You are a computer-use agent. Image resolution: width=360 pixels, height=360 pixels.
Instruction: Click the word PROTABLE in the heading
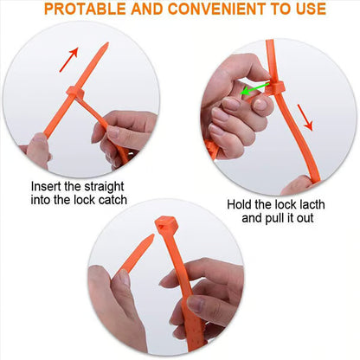coord(85,9)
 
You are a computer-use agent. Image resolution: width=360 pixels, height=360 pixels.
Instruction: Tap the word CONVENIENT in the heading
coord(217,9)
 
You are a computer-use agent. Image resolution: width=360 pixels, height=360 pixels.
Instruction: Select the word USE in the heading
coord(311,9)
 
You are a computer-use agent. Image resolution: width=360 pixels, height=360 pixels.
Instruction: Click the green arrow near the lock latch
coord(255,88)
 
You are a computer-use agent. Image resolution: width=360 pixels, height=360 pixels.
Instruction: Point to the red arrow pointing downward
coord(305,117)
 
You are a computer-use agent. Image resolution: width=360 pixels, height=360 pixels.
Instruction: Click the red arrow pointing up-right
coord(68,59)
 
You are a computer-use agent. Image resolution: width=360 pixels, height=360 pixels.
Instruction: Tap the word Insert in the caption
coord(46,186)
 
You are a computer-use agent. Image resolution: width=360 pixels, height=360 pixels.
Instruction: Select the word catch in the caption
coord(112,200)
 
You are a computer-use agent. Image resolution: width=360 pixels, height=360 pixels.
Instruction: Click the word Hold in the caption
coord(239,204)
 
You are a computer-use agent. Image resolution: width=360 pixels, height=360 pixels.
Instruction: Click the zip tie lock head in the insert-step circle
coord(75,93)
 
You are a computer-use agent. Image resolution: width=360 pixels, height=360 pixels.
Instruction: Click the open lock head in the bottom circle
coord(166,224)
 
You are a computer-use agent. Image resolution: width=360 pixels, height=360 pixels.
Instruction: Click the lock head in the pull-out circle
coord(275,87)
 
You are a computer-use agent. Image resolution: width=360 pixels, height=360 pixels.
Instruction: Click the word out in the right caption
coord(305,218)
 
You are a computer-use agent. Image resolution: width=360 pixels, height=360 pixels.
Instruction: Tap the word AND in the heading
coord(147,9)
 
